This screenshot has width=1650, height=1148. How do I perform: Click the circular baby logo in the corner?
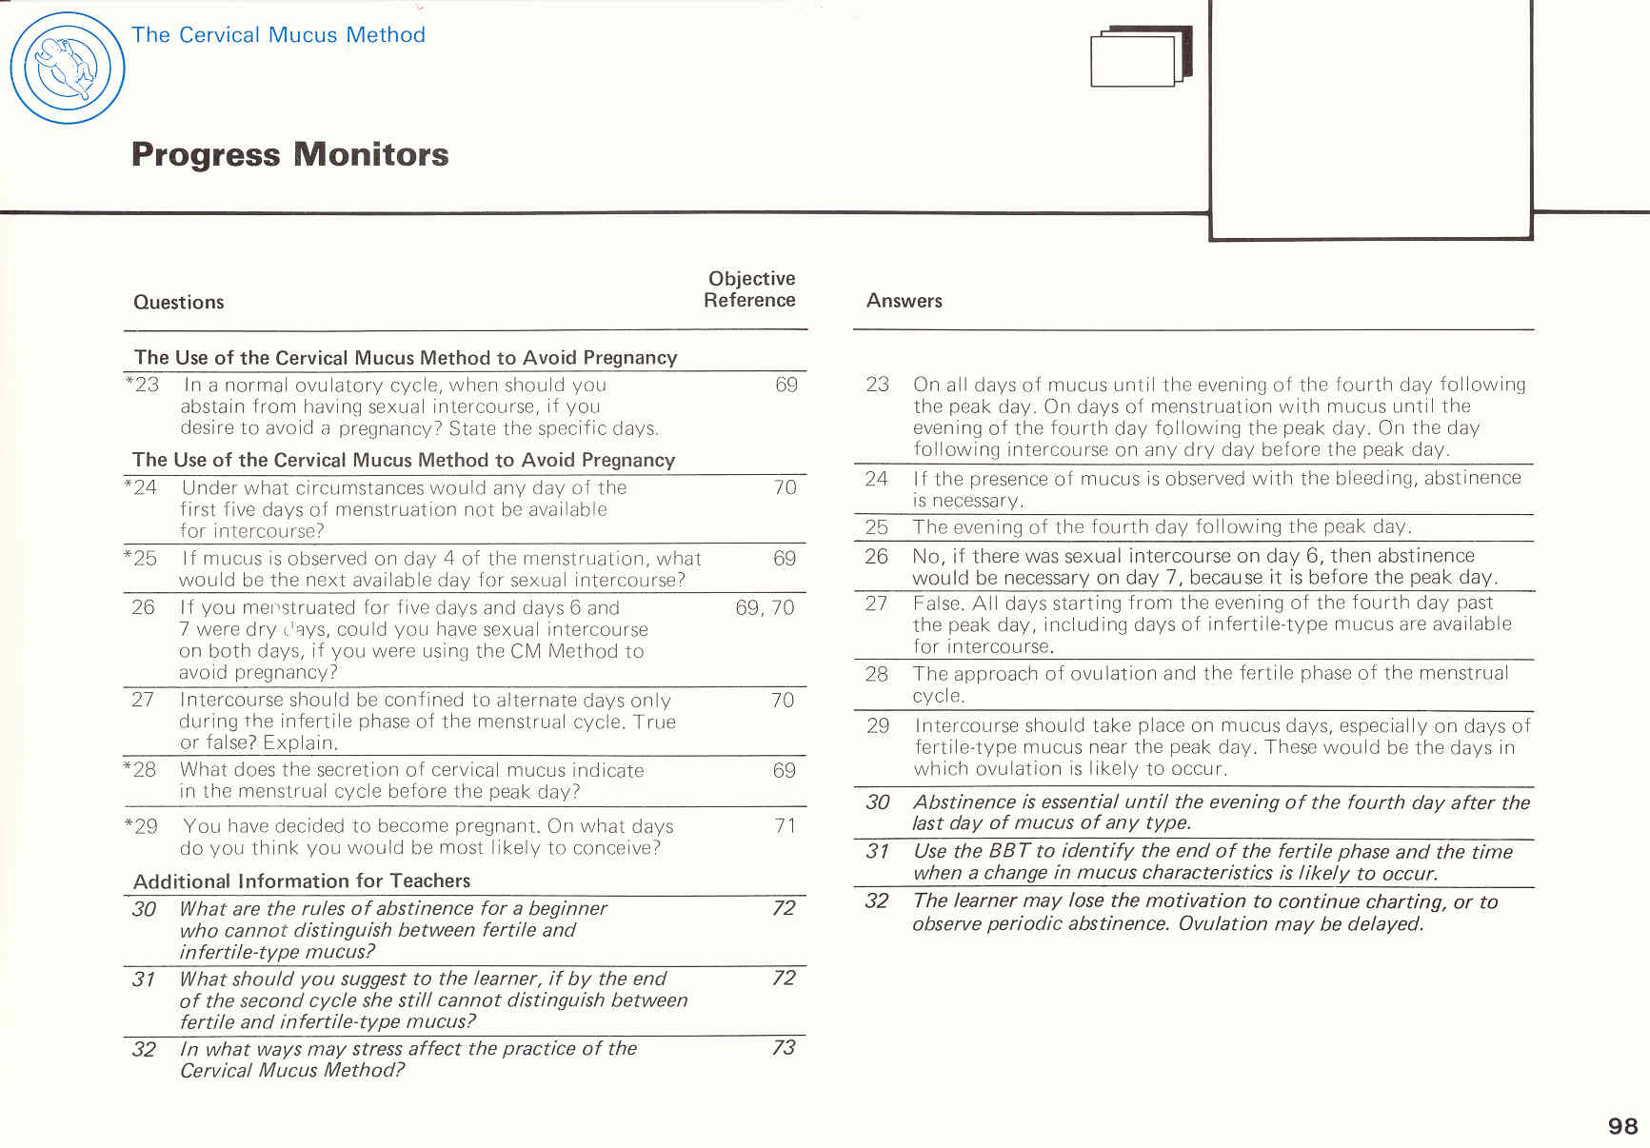pyautogui.click(x=67, y=68)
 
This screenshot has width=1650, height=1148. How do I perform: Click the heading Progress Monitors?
pyautogui.click(x=289, y=154)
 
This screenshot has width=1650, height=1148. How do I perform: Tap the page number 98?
pyautogui.click(x=1622, y=1126)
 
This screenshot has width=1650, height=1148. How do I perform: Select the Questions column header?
pyautogui.click(x=178, y=302)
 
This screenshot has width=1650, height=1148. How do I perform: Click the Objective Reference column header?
pyautogui.click(x=750, y=289)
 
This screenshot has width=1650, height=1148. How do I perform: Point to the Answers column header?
pyautogui.click(x=904, y=301)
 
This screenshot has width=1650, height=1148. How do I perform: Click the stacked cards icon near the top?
pyautogui.click(x=1140, y=57)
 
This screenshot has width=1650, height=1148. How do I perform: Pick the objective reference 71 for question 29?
pyautogui.click(x=785, y=825)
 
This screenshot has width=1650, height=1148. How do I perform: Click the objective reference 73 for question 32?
pyautogui.click(x=783, y=1047)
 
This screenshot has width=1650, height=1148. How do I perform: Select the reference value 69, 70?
pyautogui.click(x=765, y=607)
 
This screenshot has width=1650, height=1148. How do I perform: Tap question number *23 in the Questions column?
pyautogui.click(x=142, y=385)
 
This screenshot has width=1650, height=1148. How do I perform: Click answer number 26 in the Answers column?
pyautogui.click(x=876, y=556)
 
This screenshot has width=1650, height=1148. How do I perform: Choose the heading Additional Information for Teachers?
pyautogui.click(x=302, y=881)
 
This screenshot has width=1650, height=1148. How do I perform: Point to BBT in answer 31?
pyautogui.click(x=1009, y=851)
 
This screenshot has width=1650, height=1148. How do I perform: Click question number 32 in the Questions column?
pyautogui.click(x=144, y=1049)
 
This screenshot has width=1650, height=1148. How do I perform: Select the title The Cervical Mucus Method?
pyautogui.click(x=278, y=35)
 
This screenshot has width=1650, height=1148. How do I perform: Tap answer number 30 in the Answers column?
pyautogui.click(x=877, y=802)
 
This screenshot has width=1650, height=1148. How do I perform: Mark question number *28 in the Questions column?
pyautogui.click(x=141, y=769)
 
